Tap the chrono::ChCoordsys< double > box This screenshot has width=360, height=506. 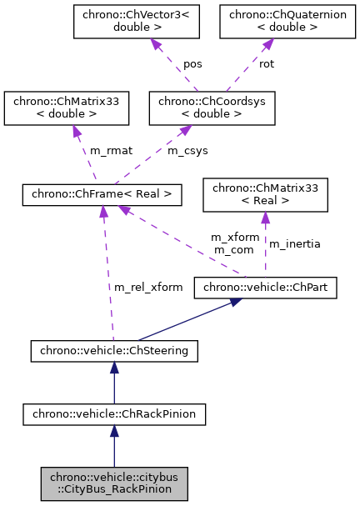211,108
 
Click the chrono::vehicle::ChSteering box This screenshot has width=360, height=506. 114,351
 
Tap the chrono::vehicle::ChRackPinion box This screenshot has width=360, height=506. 114,413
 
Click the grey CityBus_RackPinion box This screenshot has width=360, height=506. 114,483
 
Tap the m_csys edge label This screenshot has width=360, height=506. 187,150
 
